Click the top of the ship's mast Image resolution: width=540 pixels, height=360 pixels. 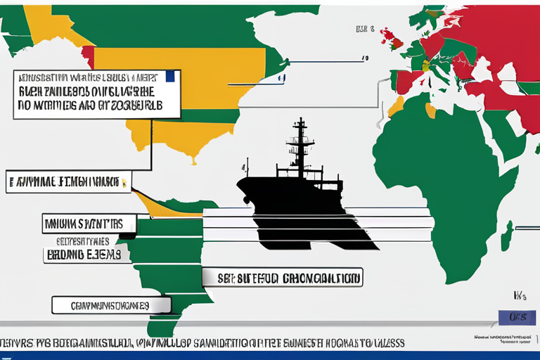pos(301,121)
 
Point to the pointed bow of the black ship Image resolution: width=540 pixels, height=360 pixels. pos(239,184)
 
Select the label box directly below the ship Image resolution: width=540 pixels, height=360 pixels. pos(283,277)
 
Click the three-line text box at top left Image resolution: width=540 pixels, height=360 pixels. pos(97,94)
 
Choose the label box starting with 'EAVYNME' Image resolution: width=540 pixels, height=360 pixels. pos(67,181)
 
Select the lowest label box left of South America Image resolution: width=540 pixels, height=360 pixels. pos(111,305)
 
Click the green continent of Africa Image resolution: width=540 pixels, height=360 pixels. pos(450,176)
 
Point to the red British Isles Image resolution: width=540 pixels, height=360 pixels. pos(393,41)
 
